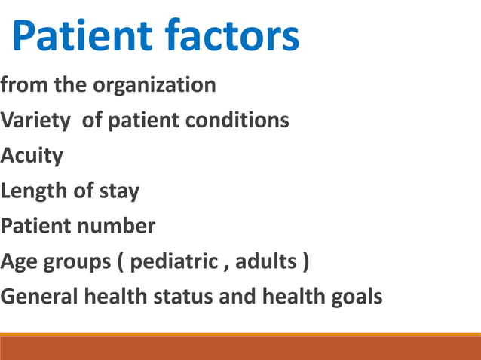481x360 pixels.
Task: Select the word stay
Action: (118, 191)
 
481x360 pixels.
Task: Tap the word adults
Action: (266, 262)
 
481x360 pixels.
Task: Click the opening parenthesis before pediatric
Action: (121, 263)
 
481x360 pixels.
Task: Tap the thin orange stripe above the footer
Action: (240, 334)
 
